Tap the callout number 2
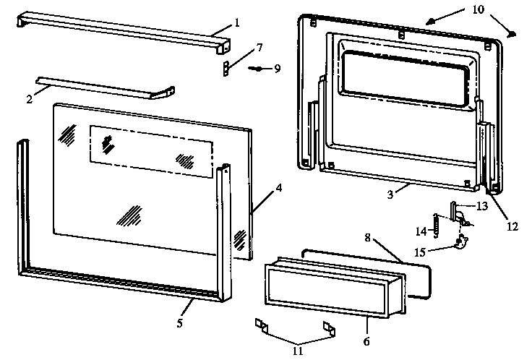pyautogui.click(x=30, y=99)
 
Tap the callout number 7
pyautogui.click(x=259, y=48)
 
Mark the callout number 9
pyautogui.click(x=276, y=69)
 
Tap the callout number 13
pyautogui.click(x=481, y=206)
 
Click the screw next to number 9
pyautogui.click(x=257, y=69)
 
